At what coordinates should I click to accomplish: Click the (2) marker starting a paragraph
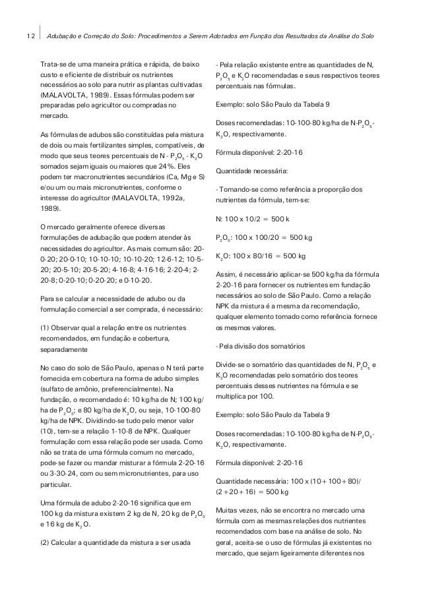(x=46, y=543)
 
